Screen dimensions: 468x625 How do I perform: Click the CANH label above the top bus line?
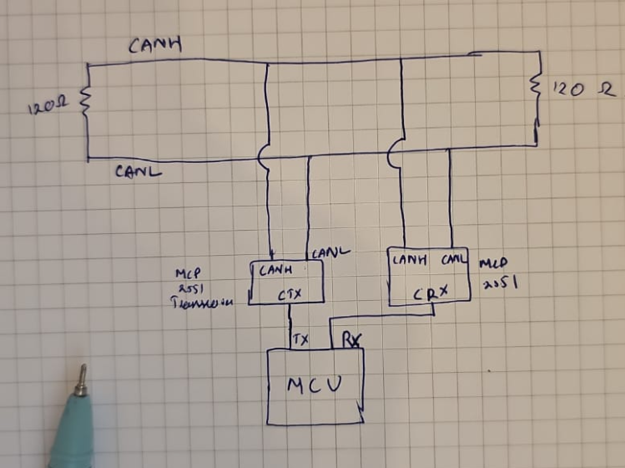(154, 45)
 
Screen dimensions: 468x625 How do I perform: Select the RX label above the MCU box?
(344, 339)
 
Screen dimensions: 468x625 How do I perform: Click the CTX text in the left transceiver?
(290, 294)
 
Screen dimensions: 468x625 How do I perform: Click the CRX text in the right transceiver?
(431, 292)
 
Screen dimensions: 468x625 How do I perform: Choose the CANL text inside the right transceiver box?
(454, 259)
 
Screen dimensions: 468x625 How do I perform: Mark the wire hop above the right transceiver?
(395, 153)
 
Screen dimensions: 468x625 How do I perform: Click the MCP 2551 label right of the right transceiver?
(501, 272)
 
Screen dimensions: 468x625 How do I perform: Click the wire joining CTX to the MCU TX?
(290, 326)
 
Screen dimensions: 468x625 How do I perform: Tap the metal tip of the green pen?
(81, 380)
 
